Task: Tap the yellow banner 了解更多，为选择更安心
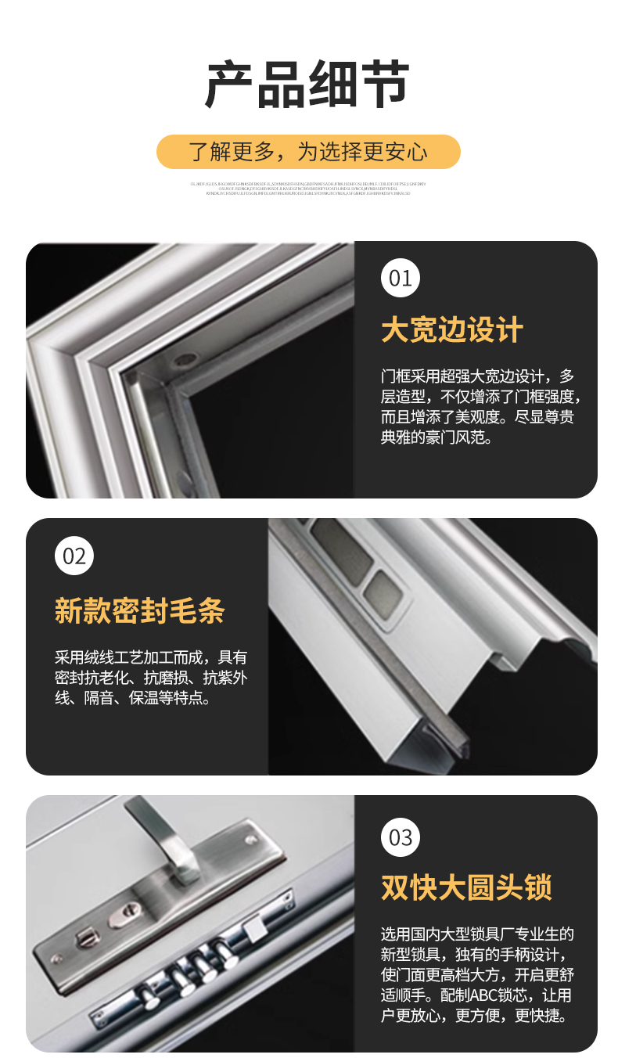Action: point(308,151)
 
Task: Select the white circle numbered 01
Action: point(401,279)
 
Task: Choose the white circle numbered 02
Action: point(74,556)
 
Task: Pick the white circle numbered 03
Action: point(401,838)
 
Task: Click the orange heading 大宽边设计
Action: point(451,330)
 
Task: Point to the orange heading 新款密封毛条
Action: point(139,610)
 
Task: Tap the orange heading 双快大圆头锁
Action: point(466,887)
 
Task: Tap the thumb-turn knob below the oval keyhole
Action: point(86,936)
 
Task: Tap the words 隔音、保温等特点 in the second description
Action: point(147,698)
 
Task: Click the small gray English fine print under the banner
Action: point(308,189)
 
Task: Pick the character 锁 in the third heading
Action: point(537,887)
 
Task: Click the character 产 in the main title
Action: point(230,85)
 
